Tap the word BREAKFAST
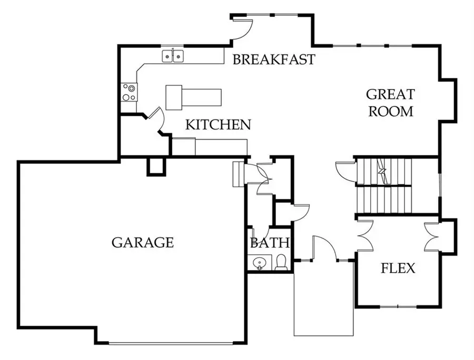tap(274, 59)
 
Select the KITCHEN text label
tap(218, 125)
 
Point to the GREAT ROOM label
tap(390, 103)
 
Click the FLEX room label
tap(398, 268)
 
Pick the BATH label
tap(269, 243)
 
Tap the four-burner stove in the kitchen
tap(129, 92)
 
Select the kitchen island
tap(193, 97)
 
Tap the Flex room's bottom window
tap(398, 306)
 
